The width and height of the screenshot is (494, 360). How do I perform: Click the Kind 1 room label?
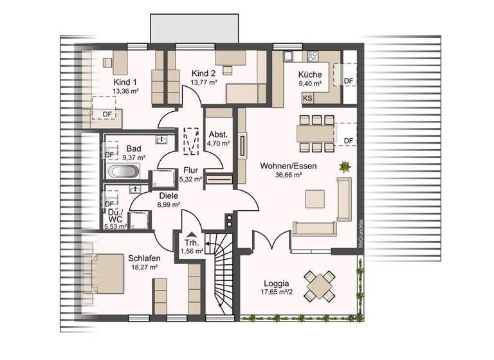[x=125, y=82]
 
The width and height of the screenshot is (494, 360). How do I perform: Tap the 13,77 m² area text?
[x=203, y=82]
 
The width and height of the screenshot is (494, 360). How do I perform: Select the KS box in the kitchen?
[x=308, y=98]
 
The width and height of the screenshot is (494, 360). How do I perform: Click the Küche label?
[x=309, y=74]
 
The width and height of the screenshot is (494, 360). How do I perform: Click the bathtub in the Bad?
[x=122, y=172]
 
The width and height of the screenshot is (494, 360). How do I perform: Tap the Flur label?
[x=190, y=170]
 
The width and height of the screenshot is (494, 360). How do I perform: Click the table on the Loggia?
[x=320, y=283]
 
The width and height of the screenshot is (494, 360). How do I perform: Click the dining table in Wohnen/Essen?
[x=315, y=133]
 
